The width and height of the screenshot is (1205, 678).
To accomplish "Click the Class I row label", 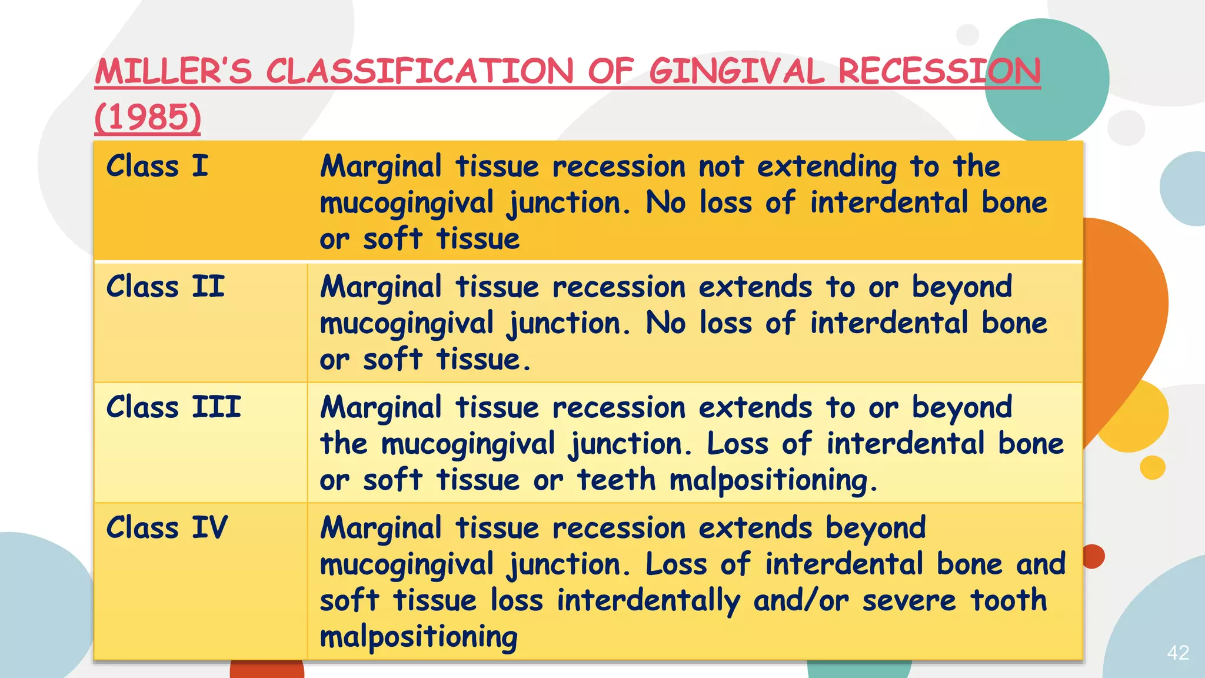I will click(x=157, y=166).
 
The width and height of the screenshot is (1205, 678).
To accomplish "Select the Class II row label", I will click(x=165, y=287).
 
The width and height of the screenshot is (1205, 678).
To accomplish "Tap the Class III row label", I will click(x=174, y=407).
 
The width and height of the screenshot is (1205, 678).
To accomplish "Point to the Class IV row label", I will click(x=167, y=527).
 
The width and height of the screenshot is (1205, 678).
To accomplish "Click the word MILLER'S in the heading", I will click(x=174, y=72).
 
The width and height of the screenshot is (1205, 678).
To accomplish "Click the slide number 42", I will click(x=1178, y=653).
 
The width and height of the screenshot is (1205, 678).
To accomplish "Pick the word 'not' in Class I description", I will click(x=721, y=167).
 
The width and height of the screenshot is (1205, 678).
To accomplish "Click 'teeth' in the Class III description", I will click(x=616, y=480).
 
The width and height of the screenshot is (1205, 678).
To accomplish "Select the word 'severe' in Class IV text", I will click(x=909, y=601).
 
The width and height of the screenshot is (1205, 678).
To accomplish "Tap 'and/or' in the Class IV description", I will click(x=801, y=601).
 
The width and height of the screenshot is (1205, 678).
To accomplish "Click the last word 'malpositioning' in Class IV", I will click(x=418, y=637).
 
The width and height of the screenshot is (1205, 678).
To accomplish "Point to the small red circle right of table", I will click(x=1093, y=556).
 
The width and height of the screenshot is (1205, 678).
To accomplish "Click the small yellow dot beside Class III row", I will click(x=1152, y=467).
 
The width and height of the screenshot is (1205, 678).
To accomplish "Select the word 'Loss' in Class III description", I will click(x=737, y=444).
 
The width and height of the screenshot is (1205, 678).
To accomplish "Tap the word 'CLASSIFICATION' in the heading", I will click(x=420, y=72).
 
